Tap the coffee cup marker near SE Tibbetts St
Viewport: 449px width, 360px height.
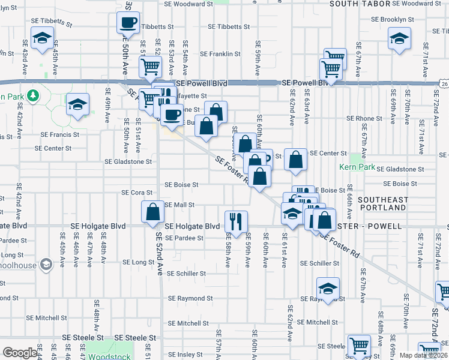128,23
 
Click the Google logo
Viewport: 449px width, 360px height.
19,353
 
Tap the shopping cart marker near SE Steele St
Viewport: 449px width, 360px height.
359,345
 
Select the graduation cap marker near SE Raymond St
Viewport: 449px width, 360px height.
328,289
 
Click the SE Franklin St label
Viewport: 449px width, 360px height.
220,53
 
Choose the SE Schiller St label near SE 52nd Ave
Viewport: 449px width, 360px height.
187,274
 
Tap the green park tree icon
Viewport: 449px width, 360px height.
34,95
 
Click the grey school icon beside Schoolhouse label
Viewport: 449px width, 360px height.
46,264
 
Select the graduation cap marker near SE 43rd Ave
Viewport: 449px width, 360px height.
41,39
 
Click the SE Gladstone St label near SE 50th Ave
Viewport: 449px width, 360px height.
128,161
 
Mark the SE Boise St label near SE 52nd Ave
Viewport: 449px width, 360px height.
181,185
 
